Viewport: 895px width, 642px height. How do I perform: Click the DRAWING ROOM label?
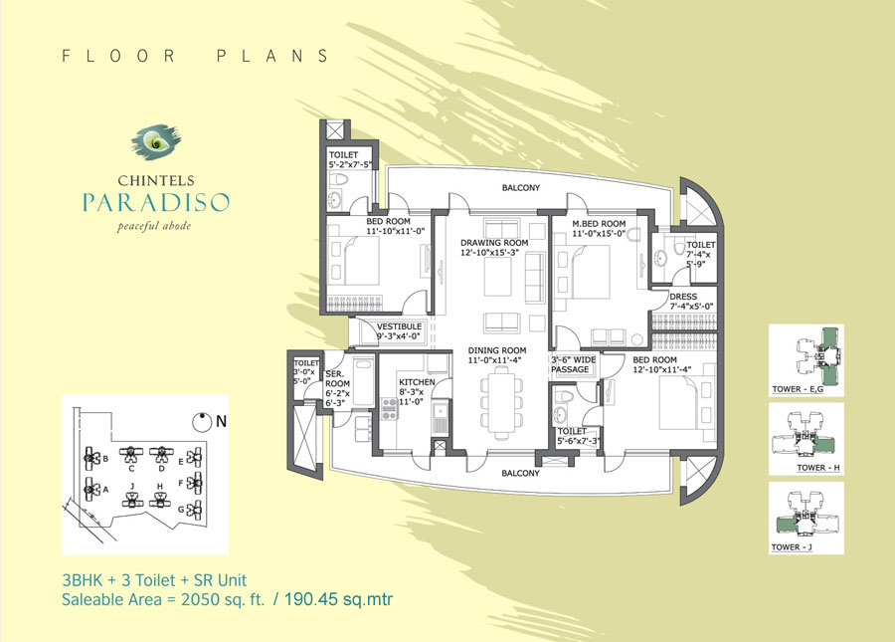pyautogui.click(x=494, y=243)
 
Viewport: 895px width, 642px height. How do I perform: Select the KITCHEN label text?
pyautogui.click(x=417, y=382)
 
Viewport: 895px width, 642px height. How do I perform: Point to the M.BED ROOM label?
pyautogui.click(x=599, y=224)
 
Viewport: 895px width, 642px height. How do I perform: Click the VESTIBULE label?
pyautogui.click(x=399, y=326)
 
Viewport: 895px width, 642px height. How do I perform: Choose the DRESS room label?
pyautogui.click(x=683, y=297)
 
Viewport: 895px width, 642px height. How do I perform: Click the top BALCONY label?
pyautogui.click(x=520, y=188)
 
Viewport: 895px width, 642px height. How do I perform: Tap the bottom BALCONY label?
pyautogui.click(x=520, y=473)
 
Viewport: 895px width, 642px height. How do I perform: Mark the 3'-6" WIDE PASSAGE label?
pyautogui.click(x=573, y=364)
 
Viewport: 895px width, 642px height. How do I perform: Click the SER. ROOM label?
pyautogui.click(x=337, y=378)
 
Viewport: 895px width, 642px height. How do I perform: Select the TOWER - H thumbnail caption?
pyautogui.click(x=818, y=468)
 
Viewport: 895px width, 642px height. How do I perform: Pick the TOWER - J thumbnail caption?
pyautogui.click(x=792, y=547)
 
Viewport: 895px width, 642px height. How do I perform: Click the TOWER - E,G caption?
pyautogui.click(x=798, y=389)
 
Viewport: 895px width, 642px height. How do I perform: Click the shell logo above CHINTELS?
pyautogui.click(x=156, y=141)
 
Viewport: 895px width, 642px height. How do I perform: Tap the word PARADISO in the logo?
pyautogui.click(x=156, y=202)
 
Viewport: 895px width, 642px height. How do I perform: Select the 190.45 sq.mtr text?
pyautogui.click(x=338, y=599)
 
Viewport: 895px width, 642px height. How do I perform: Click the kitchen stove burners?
pyautogui.click(x=389, y=408)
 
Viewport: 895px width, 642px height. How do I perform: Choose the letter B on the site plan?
pyautogui.click(x=105, y=459)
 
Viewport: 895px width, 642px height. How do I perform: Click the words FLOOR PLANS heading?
pyautogui.click(x=196, y=56)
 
